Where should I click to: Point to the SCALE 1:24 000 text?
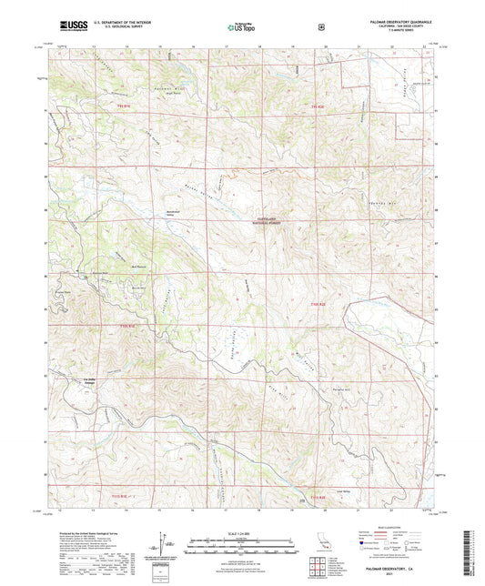(241, 533)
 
